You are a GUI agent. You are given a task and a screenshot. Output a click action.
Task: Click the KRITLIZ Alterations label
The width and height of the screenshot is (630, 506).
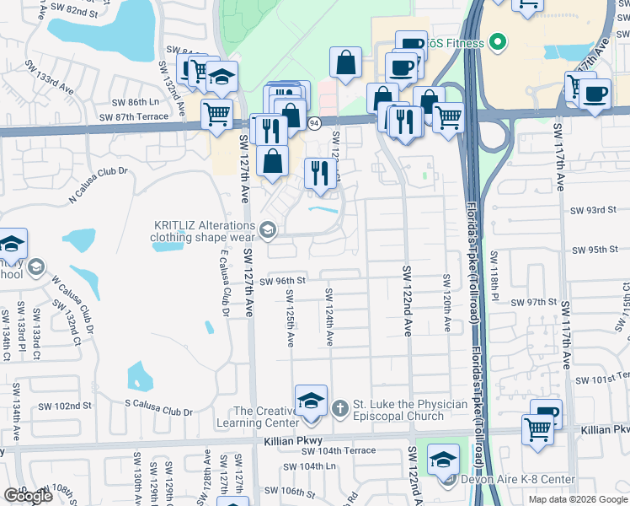(x=203, y=231)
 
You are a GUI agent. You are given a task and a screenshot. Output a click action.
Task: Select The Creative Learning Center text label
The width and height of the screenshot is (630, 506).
(x=265, y=417)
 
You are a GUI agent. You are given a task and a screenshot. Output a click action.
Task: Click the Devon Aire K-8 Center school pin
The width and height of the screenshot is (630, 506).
(x=443, y=460)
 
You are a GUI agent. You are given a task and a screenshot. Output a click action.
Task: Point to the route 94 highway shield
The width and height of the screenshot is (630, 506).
(x=313, y=123)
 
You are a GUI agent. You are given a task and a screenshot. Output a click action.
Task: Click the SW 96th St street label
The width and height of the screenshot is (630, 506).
(x=281, y=281)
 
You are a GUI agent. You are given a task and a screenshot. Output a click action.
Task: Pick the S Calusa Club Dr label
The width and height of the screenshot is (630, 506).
(x=158, y=412)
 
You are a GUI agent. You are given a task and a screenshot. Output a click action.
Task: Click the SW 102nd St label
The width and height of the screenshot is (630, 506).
(x=67, y=406)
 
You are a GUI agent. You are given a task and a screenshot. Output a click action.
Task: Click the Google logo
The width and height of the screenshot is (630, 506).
(x=28, y=496)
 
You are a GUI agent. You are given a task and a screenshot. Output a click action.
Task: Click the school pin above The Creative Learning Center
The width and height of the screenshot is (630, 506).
(x=310, y=401)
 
